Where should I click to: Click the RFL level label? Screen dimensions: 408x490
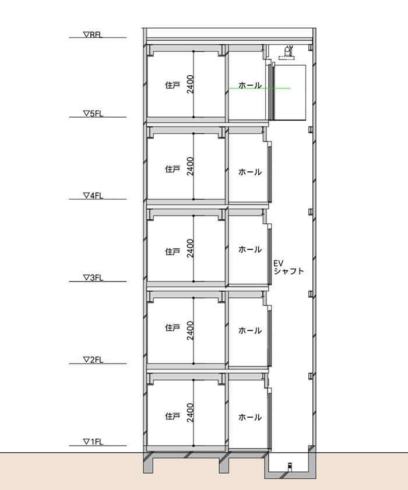[93, 35]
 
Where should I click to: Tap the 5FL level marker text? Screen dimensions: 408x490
[93, 114]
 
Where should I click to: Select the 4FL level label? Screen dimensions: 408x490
[93, 196]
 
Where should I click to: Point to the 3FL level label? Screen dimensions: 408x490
[93, 277]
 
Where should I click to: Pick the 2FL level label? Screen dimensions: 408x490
[93, 359]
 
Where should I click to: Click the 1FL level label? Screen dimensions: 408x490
[93, 442]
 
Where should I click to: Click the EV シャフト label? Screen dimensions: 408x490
[289, 267]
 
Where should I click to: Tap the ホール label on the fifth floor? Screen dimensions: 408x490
[250, 85]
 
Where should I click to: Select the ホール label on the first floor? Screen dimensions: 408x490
[250, 417]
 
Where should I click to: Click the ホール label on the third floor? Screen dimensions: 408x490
[250, 249]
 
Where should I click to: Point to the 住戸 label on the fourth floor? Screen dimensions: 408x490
[173, 169]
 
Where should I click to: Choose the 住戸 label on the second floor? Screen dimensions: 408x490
[173, 327]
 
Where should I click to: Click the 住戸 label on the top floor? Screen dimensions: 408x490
[173, 85]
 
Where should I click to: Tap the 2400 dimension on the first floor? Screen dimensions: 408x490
[190, 413]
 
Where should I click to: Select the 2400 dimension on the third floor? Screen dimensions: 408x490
[190, 248]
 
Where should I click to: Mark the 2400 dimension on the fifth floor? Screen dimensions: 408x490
[190, 84]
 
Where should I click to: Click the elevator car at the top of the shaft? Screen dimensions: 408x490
[290, 92]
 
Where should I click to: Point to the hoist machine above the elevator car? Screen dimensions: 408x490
[287, 52]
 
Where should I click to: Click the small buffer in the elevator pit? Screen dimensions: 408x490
[290, 467]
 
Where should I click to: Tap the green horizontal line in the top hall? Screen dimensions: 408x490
[259, 89]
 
